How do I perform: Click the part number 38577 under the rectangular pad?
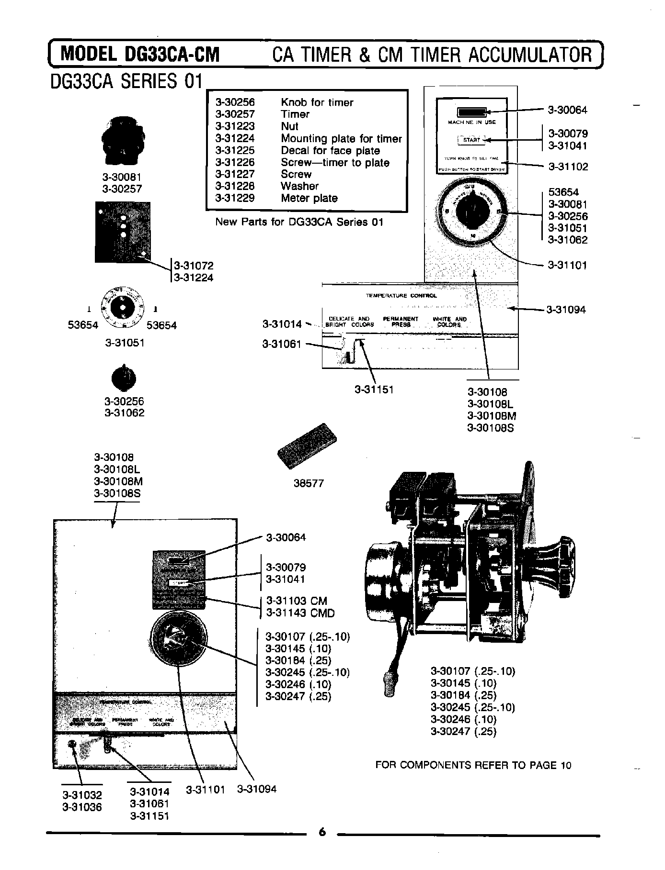[309, 483]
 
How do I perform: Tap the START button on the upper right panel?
[471, 140]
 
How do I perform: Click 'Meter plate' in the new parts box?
[309, 198]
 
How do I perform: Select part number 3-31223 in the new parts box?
[235, 126]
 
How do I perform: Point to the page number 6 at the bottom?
[322, 832]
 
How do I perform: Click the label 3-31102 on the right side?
[568, 167]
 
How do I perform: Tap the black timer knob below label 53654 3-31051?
[124, 379]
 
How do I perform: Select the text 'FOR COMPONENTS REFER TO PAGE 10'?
[473, 765]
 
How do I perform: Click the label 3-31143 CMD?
[300, 613]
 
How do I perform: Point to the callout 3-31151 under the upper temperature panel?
[374, 390]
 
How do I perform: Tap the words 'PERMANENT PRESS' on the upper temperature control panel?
[401, 322]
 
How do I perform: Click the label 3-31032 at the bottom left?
[82, 795]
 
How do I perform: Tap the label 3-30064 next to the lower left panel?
[286, 537]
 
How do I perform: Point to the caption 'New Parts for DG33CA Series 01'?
[299, 222]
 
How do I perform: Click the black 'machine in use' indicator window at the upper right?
[471, 112]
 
